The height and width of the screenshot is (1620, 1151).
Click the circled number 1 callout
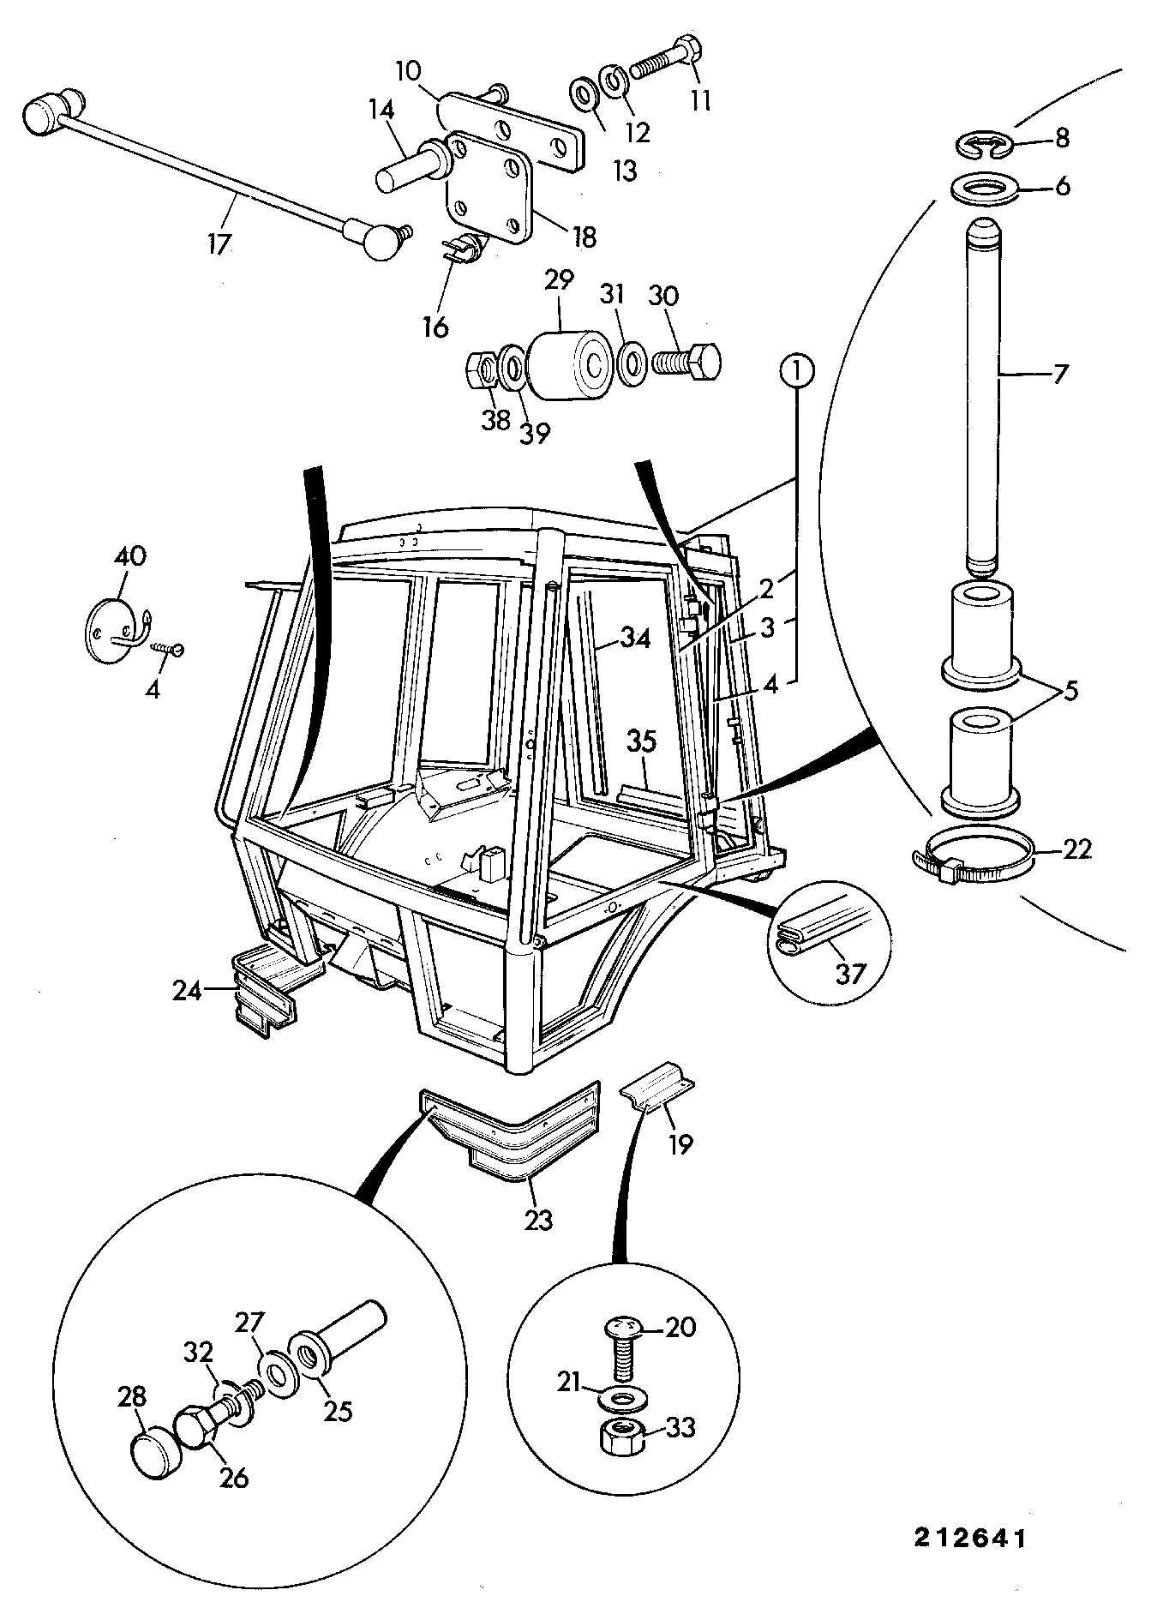pyautogui.click(x=797, y=373)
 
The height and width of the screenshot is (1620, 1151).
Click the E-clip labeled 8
pyautogui.click(x=982, y=145)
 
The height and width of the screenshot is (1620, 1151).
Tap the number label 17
pyautogui.click(x=219, y=243)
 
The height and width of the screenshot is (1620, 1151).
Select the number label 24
pyautogui.click(x=186, y=992)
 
